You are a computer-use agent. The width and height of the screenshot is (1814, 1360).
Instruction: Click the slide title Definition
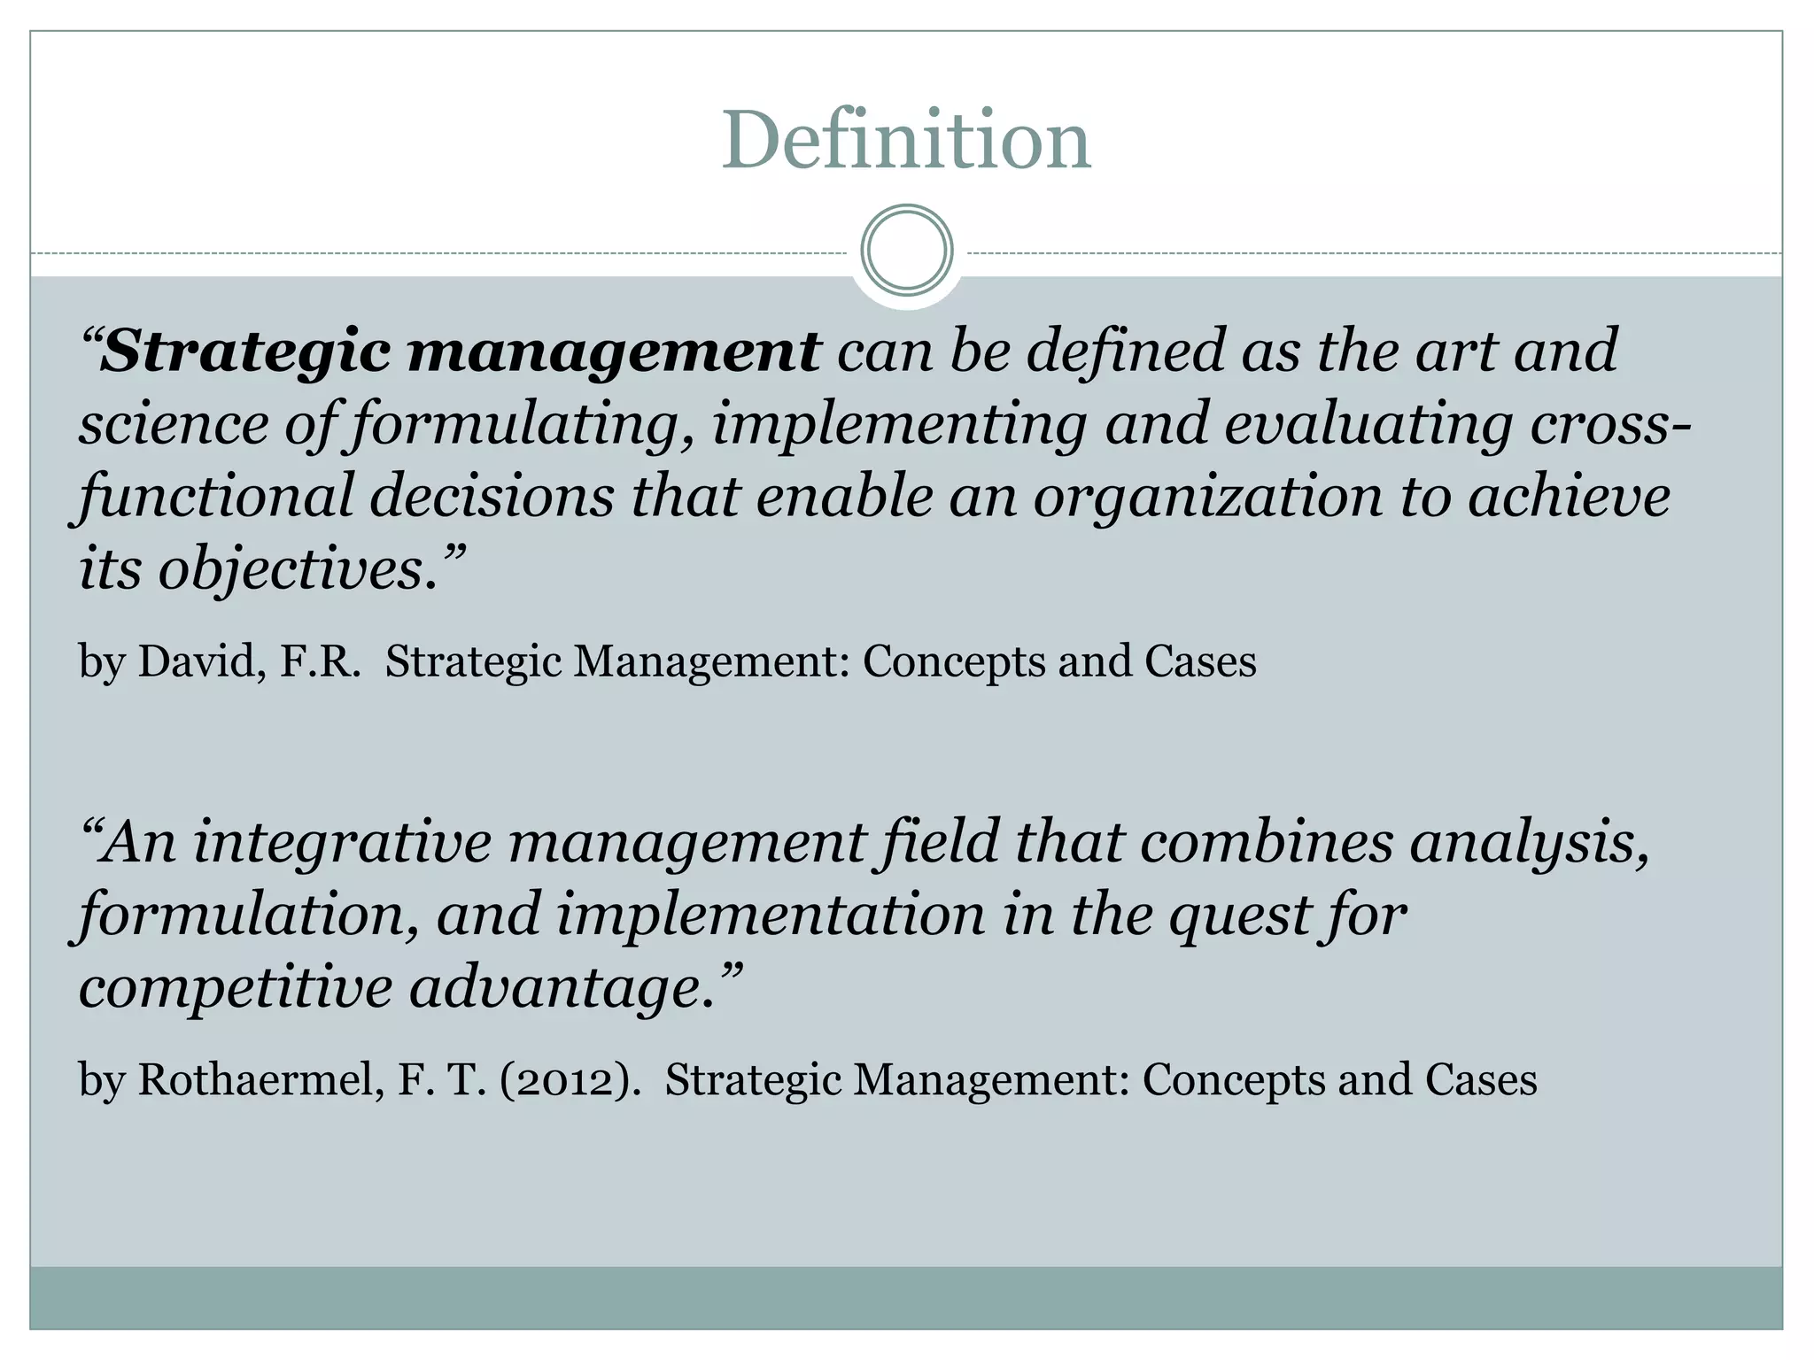tap(906, 141)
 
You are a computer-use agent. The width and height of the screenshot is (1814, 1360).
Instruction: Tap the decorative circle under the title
tap(907, 250)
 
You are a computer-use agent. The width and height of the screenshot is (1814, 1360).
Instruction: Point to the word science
tap(174, 424)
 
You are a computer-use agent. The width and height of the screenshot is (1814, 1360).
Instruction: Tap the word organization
tap(1208, 498)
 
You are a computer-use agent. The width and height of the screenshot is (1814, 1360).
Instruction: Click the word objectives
tap(298, 570)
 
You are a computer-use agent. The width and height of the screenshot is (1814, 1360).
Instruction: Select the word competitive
tap(235, 988)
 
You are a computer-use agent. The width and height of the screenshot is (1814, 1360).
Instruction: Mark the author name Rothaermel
tap(260, 1080)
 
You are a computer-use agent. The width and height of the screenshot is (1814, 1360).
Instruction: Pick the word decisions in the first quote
tap(492, 498)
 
